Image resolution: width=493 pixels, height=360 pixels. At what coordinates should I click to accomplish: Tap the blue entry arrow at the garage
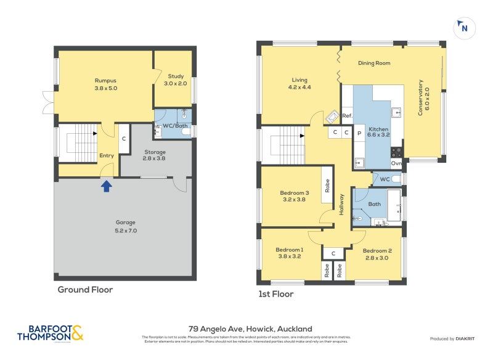click(106, 184)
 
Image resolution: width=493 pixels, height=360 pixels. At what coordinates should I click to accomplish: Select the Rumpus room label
click(105, 84)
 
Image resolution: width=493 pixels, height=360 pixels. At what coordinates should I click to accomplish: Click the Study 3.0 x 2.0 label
click(176, 80)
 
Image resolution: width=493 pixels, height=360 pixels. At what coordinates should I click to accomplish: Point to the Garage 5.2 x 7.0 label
click(125, 226)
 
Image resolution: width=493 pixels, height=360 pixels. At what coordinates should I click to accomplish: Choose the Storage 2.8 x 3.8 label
click(155, 155)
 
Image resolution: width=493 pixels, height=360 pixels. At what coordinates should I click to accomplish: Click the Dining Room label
click(374, 63)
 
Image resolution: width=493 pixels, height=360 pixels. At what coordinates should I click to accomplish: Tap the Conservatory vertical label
click(424, 97)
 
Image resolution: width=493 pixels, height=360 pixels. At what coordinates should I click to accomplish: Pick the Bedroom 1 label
click(289, 253)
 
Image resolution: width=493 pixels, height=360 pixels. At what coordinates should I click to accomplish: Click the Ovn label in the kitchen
click(397, 163)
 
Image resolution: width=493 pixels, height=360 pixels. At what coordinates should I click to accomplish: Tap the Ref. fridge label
click(347, 116)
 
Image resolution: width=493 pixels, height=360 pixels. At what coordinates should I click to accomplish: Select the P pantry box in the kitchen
click(359, 133)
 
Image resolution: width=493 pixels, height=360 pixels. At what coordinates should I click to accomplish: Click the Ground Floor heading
click(85, 289)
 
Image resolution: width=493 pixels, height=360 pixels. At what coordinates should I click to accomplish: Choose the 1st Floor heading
click(275, 294)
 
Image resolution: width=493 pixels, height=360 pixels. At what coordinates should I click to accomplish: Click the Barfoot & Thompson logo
click(50, 333)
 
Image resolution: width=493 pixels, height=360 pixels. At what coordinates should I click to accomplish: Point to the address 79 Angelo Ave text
click(250, 329)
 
